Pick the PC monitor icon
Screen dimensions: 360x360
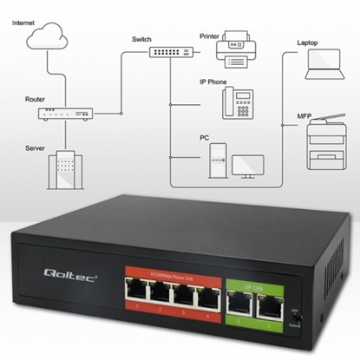coord(246,167)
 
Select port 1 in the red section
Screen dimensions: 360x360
coord(136,293)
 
